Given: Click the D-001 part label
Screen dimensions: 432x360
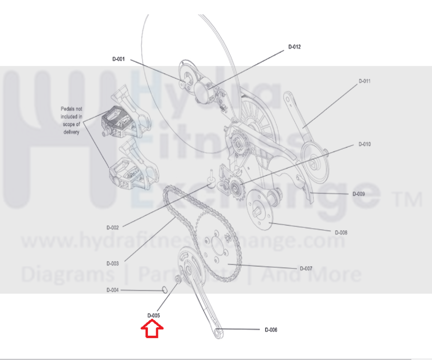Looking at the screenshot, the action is [119, 59].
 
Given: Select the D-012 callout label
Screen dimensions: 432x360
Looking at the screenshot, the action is [295, 47].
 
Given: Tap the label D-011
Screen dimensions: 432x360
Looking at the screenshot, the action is [364, 81].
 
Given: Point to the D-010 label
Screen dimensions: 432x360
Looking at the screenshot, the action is [364, 144].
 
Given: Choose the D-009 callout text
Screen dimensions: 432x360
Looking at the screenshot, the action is [358, 194].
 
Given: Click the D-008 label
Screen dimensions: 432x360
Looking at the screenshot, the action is [341, 233].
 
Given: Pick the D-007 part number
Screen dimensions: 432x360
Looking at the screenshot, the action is [306, 268].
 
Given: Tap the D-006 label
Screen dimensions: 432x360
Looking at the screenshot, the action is [271, 330].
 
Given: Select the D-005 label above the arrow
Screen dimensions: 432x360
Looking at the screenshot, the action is [153, 316].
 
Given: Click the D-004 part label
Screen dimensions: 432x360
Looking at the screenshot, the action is [113, 290].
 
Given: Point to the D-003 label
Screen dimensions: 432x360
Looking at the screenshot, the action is [113, 264].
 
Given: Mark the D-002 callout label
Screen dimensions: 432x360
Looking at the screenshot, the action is [113, 228].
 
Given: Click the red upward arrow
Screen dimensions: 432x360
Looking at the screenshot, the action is [152, 329].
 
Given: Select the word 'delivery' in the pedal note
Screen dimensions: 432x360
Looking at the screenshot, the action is [71, 132].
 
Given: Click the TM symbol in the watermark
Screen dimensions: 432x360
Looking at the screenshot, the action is [408, 199].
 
